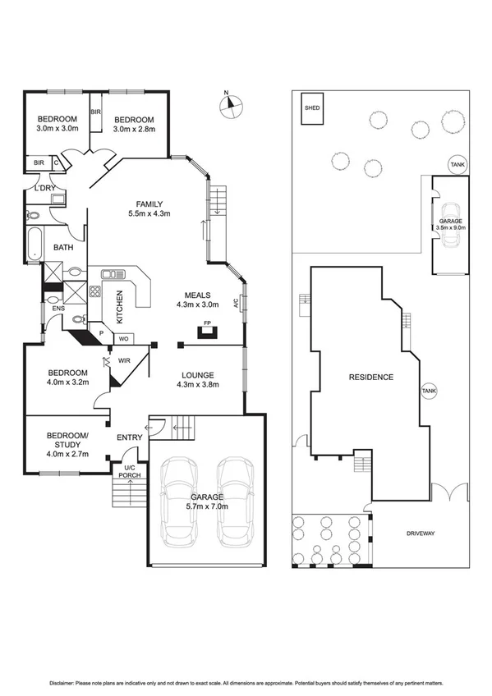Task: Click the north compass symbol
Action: pyautogui.click(x=232, y=103)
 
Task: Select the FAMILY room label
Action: pyautogui.click(x=149, y=204)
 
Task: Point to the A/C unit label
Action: pyautogui.click(x=235, y=303)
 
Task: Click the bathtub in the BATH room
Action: pyautogui.click(x=33, y=245)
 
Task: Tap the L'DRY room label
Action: pyautogui.click(x=41, y=189)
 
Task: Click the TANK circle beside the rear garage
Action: pyautogui.click(x=457, y=165)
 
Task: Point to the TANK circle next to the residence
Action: pyautogui.click(x=429, y=391)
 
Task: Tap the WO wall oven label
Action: pyautogui.click(x=125, y=337)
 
